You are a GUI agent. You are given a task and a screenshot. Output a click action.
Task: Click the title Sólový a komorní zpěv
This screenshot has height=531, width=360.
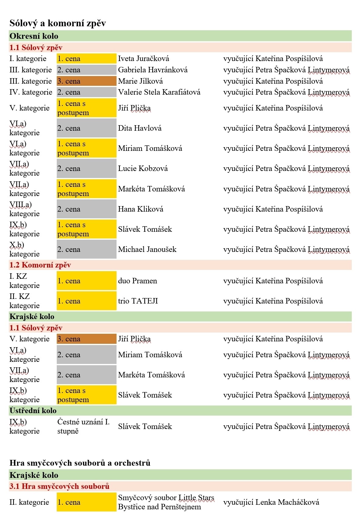pos(58,23)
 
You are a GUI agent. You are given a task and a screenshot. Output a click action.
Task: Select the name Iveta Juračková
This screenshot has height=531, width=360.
pos(143,59)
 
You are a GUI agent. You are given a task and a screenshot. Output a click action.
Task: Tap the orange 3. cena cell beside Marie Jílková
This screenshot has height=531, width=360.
pos(86,81)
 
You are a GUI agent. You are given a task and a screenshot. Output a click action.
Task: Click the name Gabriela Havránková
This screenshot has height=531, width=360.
pos(153,70)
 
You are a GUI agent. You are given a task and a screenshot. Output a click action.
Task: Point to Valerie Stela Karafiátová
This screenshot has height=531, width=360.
pos(159,92)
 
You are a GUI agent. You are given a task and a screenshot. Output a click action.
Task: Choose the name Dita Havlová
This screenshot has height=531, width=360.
pos(140,128)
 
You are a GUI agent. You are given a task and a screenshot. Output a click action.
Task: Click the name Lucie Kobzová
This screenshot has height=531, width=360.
pos(143,169)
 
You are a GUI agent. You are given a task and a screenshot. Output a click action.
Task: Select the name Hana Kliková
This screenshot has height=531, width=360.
pos(140,209)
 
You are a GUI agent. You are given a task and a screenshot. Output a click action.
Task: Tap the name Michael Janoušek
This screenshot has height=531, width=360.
pos(147,249)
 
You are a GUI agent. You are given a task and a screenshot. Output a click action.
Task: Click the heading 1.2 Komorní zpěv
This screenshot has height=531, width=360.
pos(40,265)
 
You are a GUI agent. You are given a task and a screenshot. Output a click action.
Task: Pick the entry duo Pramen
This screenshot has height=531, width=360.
pos(137,281)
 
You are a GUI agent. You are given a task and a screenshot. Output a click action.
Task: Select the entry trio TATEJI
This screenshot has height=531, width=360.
pos(138,301)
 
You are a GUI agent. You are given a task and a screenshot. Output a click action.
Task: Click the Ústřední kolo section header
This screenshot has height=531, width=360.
pos(33,411)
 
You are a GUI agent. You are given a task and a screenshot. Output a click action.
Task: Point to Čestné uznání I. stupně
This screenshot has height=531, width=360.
pos(83,427)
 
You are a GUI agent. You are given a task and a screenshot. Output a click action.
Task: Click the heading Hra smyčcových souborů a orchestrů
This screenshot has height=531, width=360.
pos(80,463)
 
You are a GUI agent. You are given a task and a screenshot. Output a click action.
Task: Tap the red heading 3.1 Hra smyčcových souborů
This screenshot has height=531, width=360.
pos(59,486)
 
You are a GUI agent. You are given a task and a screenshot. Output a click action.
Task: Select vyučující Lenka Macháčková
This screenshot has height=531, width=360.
pos(271,502)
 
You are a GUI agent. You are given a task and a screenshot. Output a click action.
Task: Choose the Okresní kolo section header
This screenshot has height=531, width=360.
pos(34,36)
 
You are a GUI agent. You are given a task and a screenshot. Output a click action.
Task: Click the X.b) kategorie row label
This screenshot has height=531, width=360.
pos(24,249)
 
